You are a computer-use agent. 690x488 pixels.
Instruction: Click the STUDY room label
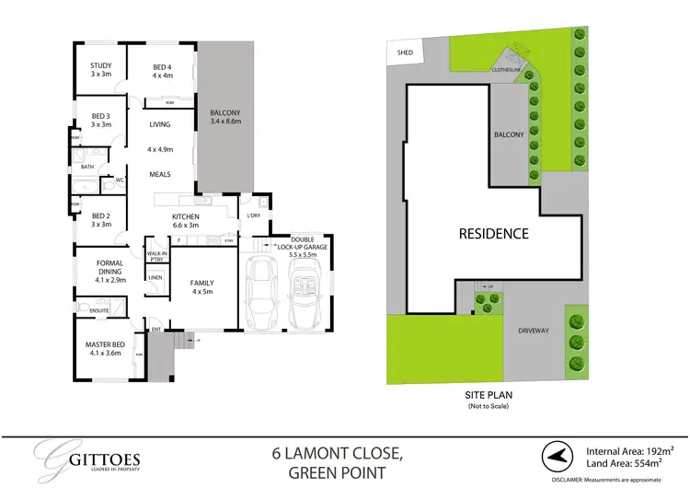coord(100,70)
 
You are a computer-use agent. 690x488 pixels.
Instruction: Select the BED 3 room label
coord(100,120)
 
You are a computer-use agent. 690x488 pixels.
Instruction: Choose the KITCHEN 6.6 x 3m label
coord(192,219)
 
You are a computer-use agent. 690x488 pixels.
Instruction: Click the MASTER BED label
coord(102,349)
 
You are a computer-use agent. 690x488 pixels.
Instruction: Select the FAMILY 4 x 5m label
coord(201,287)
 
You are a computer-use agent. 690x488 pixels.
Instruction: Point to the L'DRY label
coord(253,216)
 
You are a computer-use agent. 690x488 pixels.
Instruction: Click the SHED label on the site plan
coord(403,53)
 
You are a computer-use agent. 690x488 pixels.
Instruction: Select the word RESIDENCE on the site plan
coord(494,234)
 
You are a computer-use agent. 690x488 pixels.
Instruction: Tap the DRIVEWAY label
coord(534,329)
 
